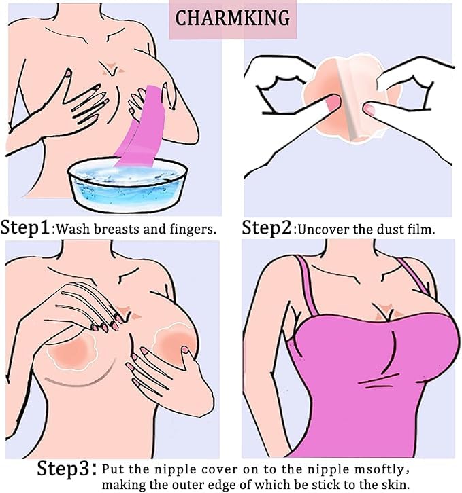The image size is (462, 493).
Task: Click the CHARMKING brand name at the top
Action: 232,18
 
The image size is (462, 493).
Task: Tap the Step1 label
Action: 25,227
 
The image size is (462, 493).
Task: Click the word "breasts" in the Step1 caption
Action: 117,229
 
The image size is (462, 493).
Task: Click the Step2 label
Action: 267,227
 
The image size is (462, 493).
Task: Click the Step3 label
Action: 63,468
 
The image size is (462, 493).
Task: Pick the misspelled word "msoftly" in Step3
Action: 378,469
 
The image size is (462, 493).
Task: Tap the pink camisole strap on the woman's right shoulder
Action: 306,285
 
